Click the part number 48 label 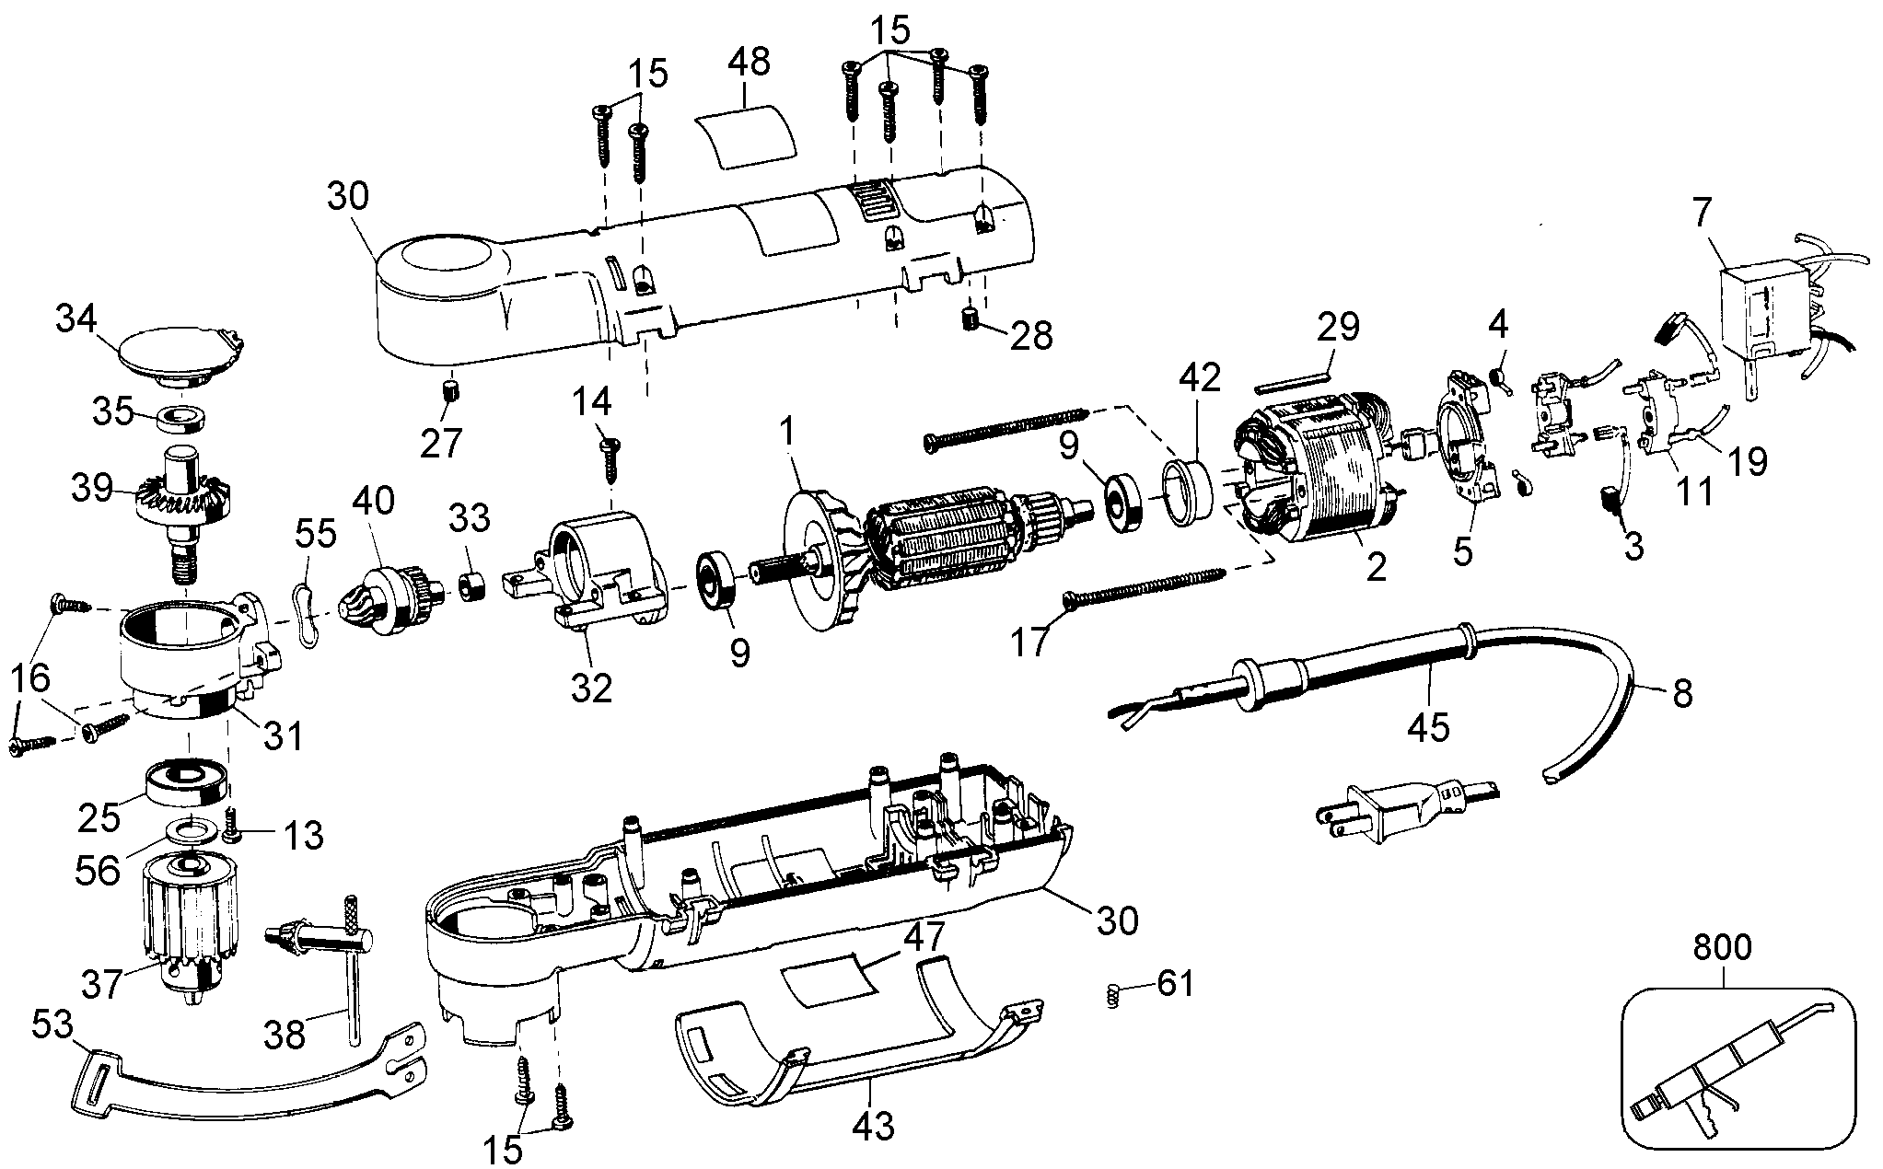[x=749, y=63]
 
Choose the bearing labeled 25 [x=185, y=784]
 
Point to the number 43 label [x=873, y=1124]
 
